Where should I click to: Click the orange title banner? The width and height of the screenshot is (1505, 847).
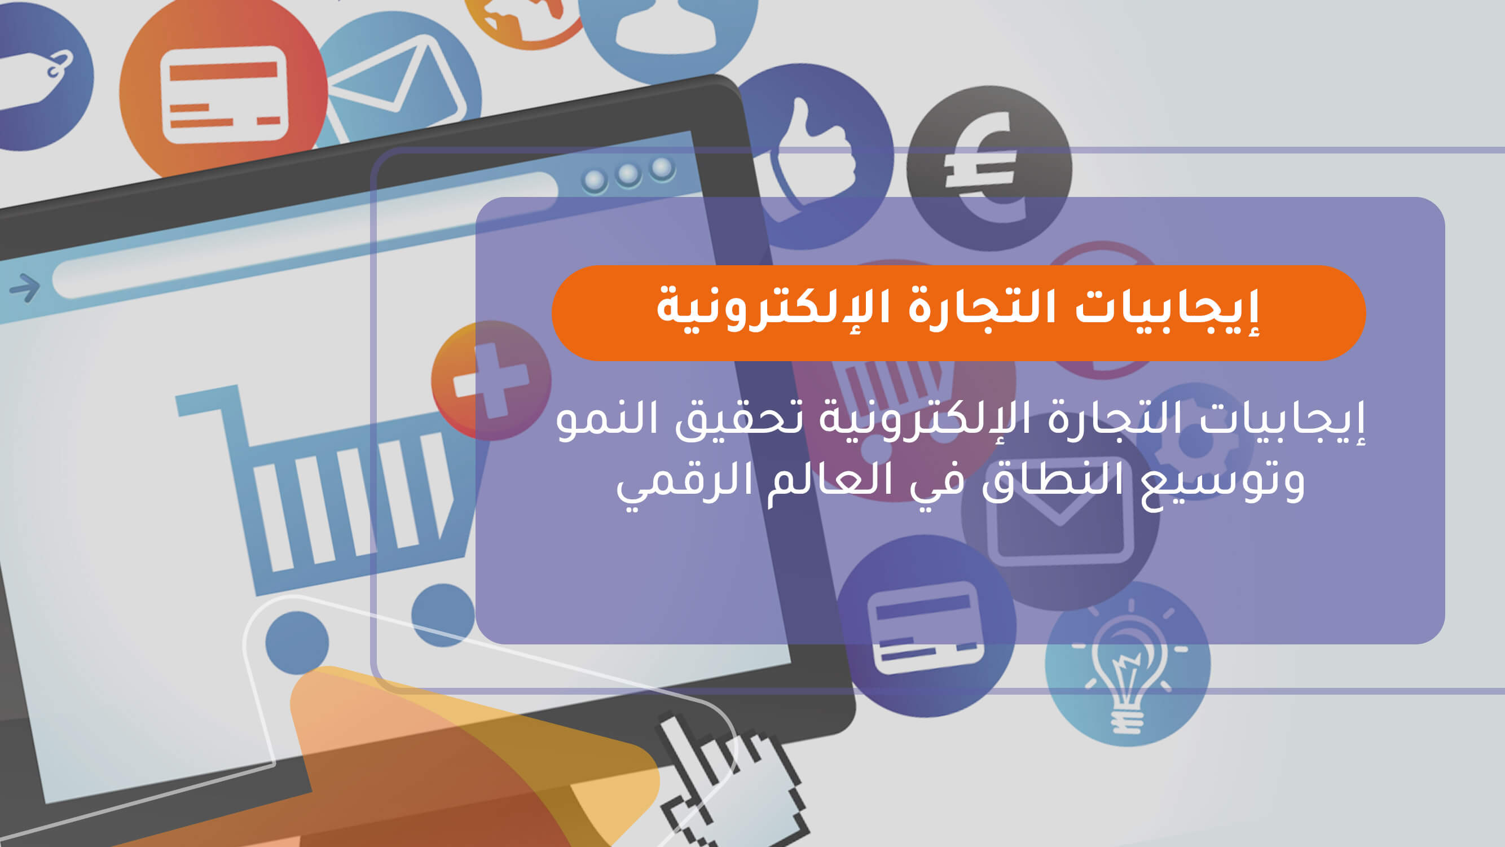[x=958, y=313]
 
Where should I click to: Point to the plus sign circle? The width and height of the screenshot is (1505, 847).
[x=491, y=380]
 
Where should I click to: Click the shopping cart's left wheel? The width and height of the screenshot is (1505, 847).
[x=297, y=642]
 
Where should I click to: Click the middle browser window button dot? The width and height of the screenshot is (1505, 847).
[x=628, y=174]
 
